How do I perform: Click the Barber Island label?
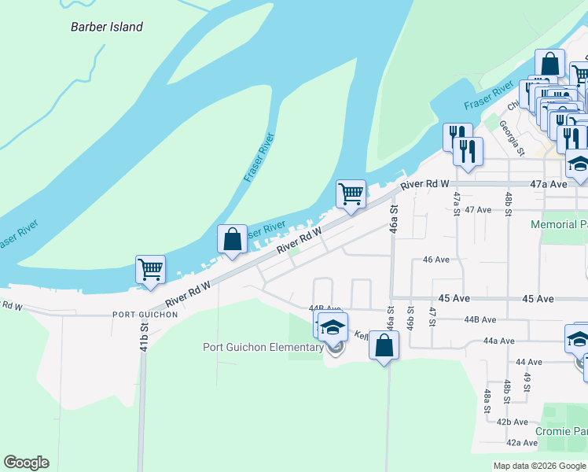pyautogui.click(x=107, y=27)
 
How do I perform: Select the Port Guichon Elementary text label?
pyautogui.click(x=263, y=347)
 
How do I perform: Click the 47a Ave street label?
pyautogui.click(x=548, y=183)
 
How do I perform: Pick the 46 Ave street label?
pyautogui.click(x=436, y=259)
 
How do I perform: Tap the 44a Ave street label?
pyautogui.click(x=499, y=341)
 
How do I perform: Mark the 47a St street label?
pyautogui.click(x=456, y=201)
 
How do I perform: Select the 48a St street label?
pyautogui.click(x=488, y=401)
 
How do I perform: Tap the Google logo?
pyautogui.click(x=26, y=463)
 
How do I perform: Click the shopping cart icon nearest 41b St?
pyautogui.click(x=150, y=269)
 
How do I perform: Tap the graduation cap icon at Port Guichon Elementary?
pyautogui.click(x=333, y=326)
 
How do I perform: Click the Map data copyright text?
pyautogui.click(x=538, y=466)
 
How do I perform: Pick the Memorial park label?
pyautogui.click(x=559, y=224)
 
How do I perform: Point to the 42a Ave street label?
pyautogui.click(x=522, y=443)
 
